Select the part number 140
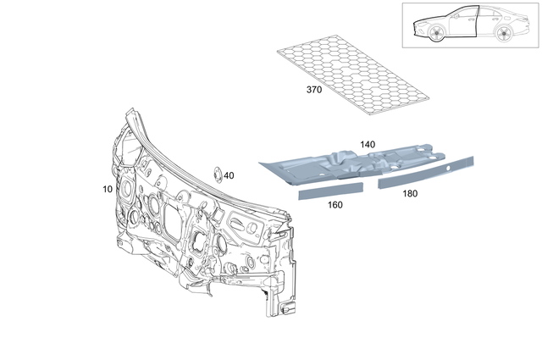coord(367,145)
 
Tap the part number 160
coord(335,204)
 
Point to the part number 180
coord(409,193)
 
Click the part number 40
coord(230,175)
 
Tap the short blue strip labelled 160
coord(329,191)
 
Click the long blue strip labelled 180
coord(428,172)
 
